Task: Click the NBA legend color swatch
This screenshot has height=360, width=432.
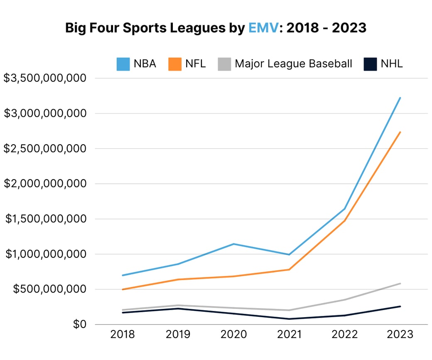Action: tap(123, 64)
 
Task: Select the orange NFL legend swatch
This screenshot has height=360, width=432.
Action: tap(175, 64)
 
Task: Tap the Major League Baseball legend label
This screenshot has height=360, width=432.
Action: tap(293, 64)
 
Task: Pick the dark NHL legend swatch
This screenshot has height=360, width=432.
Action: tap(370, 64)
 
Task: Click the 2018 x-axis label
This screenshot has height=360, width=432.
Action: tap(123, 335)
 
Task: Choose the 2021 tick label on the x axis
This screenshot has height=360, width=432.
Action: tap(289, 335)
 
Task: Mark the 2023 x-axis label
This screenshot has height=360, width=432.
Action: tap(400, 335)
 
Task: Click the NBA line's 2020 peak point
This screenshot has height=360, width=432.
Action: tap(234, 244)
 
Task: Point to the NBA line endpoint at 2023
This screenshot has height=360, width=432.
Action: tap(400, 98)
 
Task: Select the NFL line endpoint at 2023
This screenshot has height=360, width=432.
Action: tap(400, 132)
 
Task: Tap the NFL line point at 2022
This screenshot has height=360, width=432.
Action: tap(345, 220)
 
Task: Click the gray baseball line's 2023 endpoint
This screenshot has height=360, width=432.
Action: tap(400, 284)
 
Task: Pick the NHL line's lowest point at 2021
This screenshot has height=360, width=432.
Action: tap(289, 319)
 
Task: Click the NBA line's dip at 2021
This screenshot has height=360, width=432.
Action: tap(289, 254)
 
